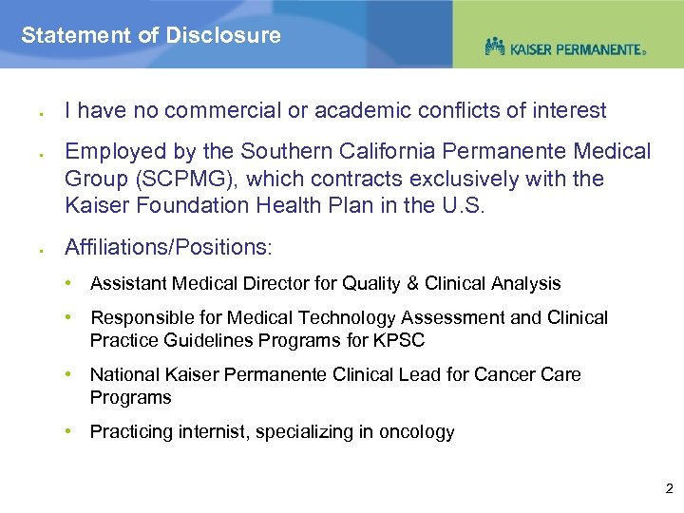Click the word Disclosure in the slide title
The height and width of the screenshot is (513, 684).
(223, 36)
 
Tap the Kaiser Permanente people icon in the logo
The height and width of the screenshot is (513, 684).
(495, 46)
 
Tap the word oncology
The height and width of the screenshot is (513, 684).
(417, 432)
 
